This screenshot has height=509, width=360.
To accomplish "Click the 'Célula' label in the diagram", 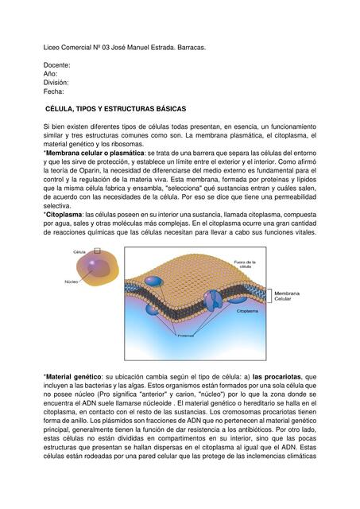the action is tap(79, 251).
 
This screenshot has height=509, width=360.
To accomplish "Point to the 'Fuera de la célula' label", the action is tap(244, 264).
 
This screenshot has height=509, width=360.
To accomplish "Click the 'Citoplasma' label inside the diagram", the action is tap(246, 312).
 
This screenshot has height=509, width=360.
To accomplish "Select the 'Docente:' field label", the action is tap(57, 64).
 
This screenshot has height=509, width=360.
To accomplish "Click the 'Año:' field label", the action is tap(51, 73).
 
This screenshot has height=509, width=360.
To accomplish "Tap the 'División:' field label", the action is tap(56, 82).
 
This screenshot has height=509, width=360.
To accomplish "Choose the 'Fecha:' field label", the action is tap(54, 91).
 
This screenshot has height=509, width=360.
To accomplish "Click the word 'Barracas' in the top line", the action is tap(188, 48).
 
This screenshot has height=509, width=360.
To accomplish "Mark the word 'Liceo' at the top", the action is tap(52, 48).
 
